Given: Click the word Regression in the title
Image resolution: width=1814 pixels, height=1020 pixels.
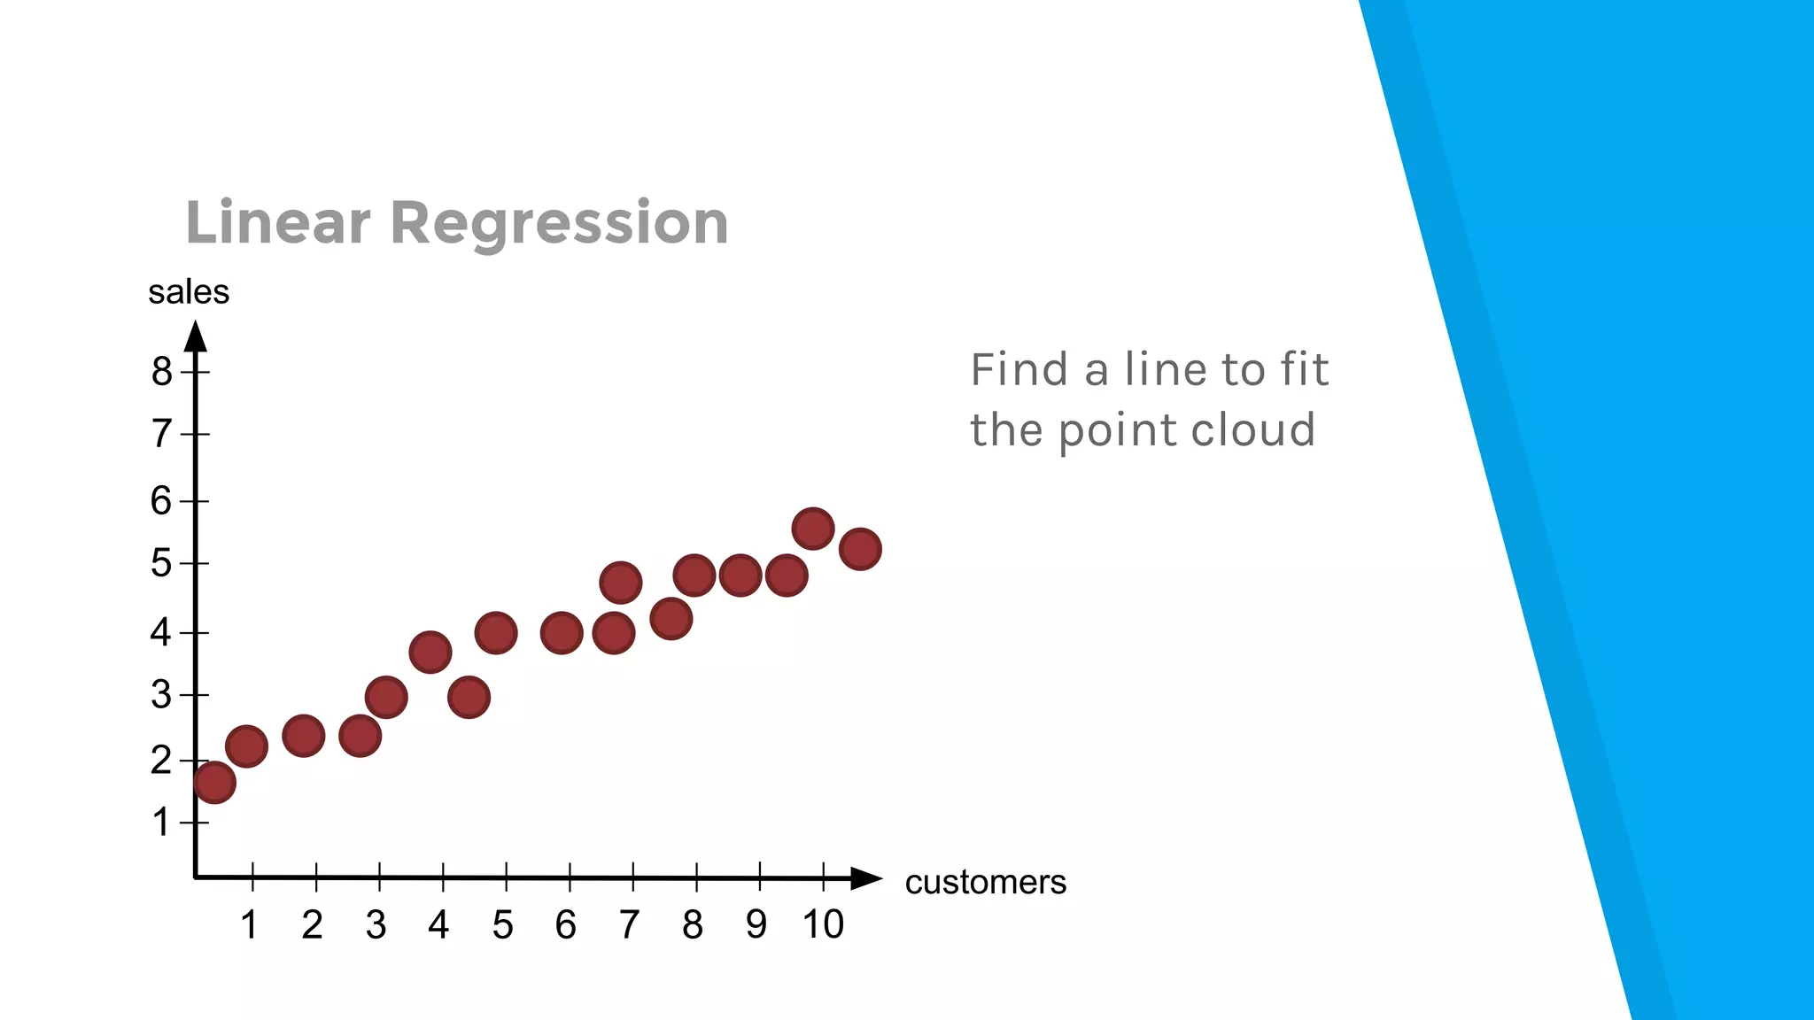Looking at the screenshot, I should pyautogui.click(x=559, y=222).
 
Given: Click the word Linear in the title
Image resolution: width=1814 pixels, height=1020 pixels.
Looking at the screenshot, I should pyautogui.click(x=277, y=222).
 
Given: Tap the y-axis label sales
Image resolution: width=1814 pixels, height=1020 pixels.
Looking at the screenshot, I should pyautogui.click(x=189, y=292).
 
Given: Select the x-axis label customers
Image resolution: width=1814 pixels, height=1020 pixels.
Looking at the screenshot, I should pyautogui.click(x=985, y=882).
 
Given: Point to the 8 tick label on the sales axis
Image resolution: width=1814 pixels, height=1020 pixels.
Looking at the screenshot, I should pyautogui.click(x=161, y=371).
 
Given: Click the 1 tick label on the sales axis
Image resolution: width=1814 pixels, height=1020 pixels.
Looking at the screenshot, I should pyautogui.click(x=160, y=823).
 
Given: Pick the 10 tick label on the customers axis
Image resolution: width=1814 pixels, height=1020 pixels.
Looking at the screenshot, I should pyautogui.click(x=823, y=924).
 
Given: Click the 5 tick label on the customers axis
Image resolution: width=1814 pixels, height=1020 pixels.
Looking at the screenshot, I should pyautogui.click(x=502, y=925).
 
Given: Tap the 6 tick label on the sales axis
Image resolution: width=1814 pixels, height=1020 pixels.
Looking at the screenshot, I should pyautogui.click(x=160, y=501).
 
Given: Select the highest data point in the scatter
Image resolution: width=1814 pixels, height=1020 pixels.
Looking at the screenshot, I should pyautogui.click(x=812, y=529).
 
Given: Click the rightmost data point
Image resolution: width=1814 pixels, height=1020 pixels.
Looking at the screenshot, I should pyautogui.click(x=859, y=549).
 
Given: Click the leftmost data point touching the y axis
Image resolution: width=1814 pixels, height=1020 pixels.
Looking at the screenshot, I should pyautogui.click(x=213, y=782).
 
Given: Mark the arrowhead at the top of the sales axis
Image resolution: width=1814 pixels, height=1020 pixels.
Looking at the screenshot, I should pyautogui.click(x=196, y=336).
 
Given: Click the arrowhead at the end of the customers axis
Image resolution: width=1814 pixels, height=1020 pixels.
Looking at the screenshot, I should pyautogui.click(x=865, y=878).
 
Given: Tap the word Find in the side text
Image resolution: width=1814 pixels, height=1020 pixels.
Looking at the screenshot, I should pyautogui.click(x=1020, y=369).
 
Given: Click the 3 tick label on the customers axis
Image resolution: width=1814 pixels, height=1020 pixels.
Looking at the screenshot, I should pyautogui.click(x=376, y=925).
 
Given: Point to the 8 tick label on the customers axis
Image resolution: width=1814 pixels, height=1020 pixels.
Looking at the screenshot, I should pyautogui.click(x=693, y=925).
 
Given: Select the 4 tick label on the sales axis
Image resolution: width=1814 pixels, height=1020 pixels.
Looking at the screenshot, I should pyautogui.click(x=160, y=632).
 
